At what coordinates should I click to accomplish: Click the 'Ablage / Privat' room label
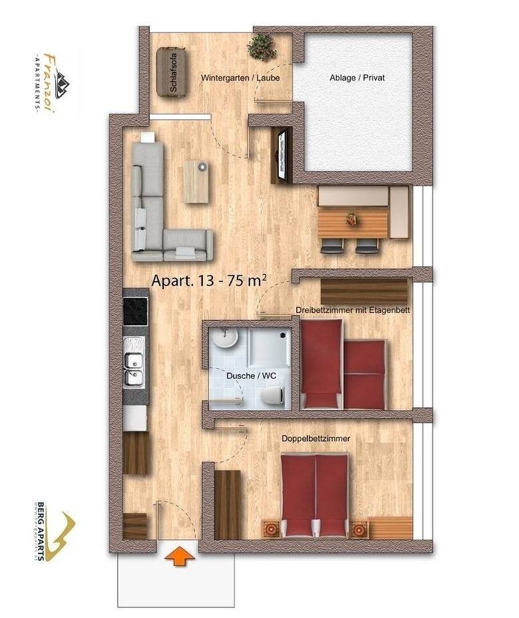pyautogui.click(x=357, y=78)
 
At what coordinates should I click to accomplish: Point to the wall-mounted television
pyautogui.click(x=282, y=154)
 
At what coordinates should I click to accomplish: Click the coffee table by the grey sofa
pyautogui.click(x=196, y=181)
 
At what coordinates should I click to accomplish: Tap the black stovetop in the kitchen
pyautogui.click(x=136, y=310)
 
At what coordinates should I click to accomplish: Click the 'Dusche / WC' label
pyautogui.click(x=242, y=375)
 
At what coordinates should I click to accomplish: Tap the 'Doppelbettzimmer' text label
pyautogui.click(x=316, y=438)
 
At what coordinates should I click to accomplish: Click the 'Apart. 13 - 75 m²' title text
pyautogui.click(x=209, y=281)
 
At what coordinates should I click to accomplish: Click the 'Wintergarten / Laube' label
pyautogui.click(x=240, y=78)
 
